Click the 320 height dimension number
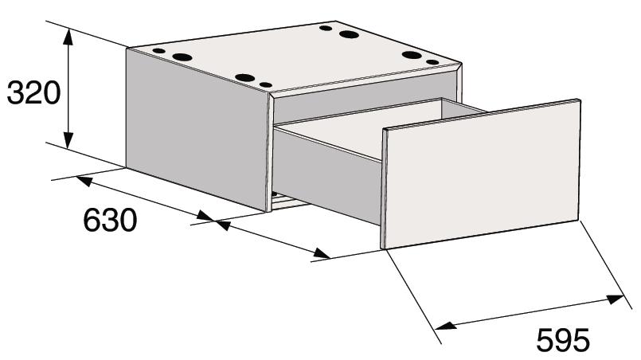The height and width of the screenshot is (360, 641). coord(34,93)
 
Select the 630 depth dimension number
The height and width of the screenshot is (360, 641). coord(110,220)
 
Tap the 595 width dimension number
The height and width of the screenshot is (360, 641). coord(563,340)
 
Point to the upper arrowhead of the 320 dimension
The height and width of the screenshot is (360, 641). coord(68,37)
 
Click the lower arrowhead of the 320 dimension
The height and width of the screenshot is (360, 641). coord(68,140)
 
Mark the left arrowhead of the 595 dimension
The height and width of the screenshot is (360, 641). coord(446,326)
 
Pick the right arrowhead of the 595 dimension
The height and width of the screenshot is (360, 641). coord(616,299)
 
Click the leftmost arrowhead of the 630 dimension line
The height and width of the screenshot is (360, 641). coord(84,181)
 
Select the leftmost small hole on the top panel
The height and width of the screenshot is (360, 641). coord(158,51)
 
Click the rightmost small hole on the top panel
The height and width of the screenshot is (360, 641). coord(432,62)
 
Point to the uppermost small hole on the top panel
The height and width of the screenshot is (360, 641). coord(326,28)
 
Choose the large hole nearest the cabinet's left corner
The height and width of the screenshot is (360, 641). coord(182,57)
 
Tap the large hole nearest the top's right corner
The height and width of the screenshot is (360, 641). coord(412,55)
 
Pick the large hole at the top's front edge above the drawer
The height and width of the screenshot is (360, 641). coord(245,78)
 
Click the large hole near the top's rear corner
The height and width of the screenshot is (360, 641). coord(349,34)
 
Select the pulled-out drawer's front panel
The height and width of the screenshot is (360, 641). coord(481,174)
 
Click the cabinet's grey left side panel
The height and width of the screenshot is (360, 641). coord(197,130)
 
